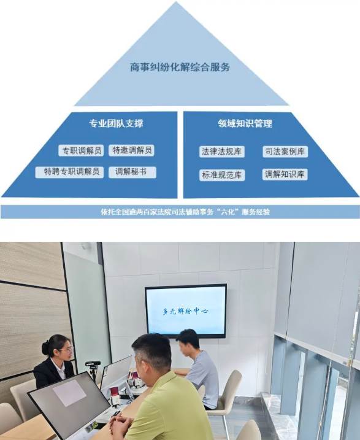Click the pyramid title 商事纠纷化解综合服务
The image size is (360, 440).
pos(180,68)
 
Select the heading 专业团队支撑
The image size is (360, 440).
pos(116,123)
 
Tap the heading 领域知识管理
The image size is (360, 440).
pos(245,123)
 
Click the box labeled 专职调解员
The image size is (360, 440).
pos(82,151)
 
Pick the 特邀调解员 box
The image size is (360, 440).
pos(132,150)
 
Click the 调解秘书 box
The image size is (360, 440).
pos(132,172)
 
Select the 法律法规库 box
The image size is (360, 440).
pos(222,152)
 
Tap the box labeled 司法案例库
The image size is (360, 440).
pos(285,152)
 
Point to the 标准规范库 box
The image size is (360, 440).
pos(222,175)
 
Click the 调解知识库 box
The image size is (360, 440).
pos(285,174)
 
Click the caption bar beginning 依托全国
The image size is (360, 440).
pos(180,212)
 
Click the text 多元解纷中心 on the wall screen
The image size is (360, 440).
pos(185,311)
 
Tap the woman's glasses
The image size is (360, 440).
pos(67,349)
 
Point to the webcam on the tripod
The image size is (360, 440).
pos(93,364)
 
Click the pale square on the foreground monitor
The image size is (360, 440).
pos(69,393)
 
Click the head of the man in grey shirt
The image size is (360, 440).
pos(188,341)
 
